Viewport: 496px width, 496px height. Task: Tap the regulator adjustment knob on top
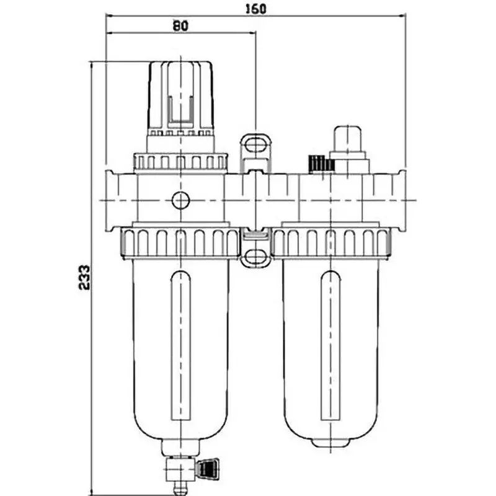(180, 96)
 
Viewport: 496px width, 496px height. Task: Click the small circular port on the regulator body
(180, 200)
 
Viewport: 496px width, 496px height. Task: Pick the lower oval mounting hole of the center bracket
(255, 255)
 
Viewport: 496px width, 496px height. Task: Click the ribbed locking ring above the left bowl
(180, 242)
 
